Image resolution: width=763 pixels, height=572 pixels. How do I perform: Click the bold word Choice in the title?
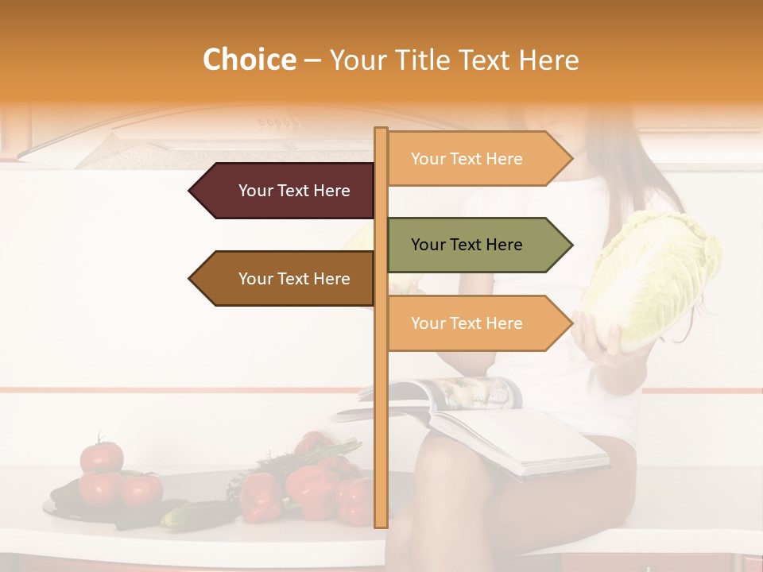tap(249, 60)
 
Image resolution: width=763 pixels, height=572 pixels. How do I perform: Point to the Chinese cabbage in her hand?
tap(656, 278)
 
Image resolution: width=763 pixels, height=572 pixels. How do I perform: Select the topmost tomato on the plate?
tap(102, 457)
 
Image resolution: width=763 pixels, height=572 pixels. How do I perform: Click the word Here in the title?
tap(549, 60)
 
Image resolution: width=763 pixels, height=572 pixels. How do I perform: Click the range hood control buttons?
tap(277, 123)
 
